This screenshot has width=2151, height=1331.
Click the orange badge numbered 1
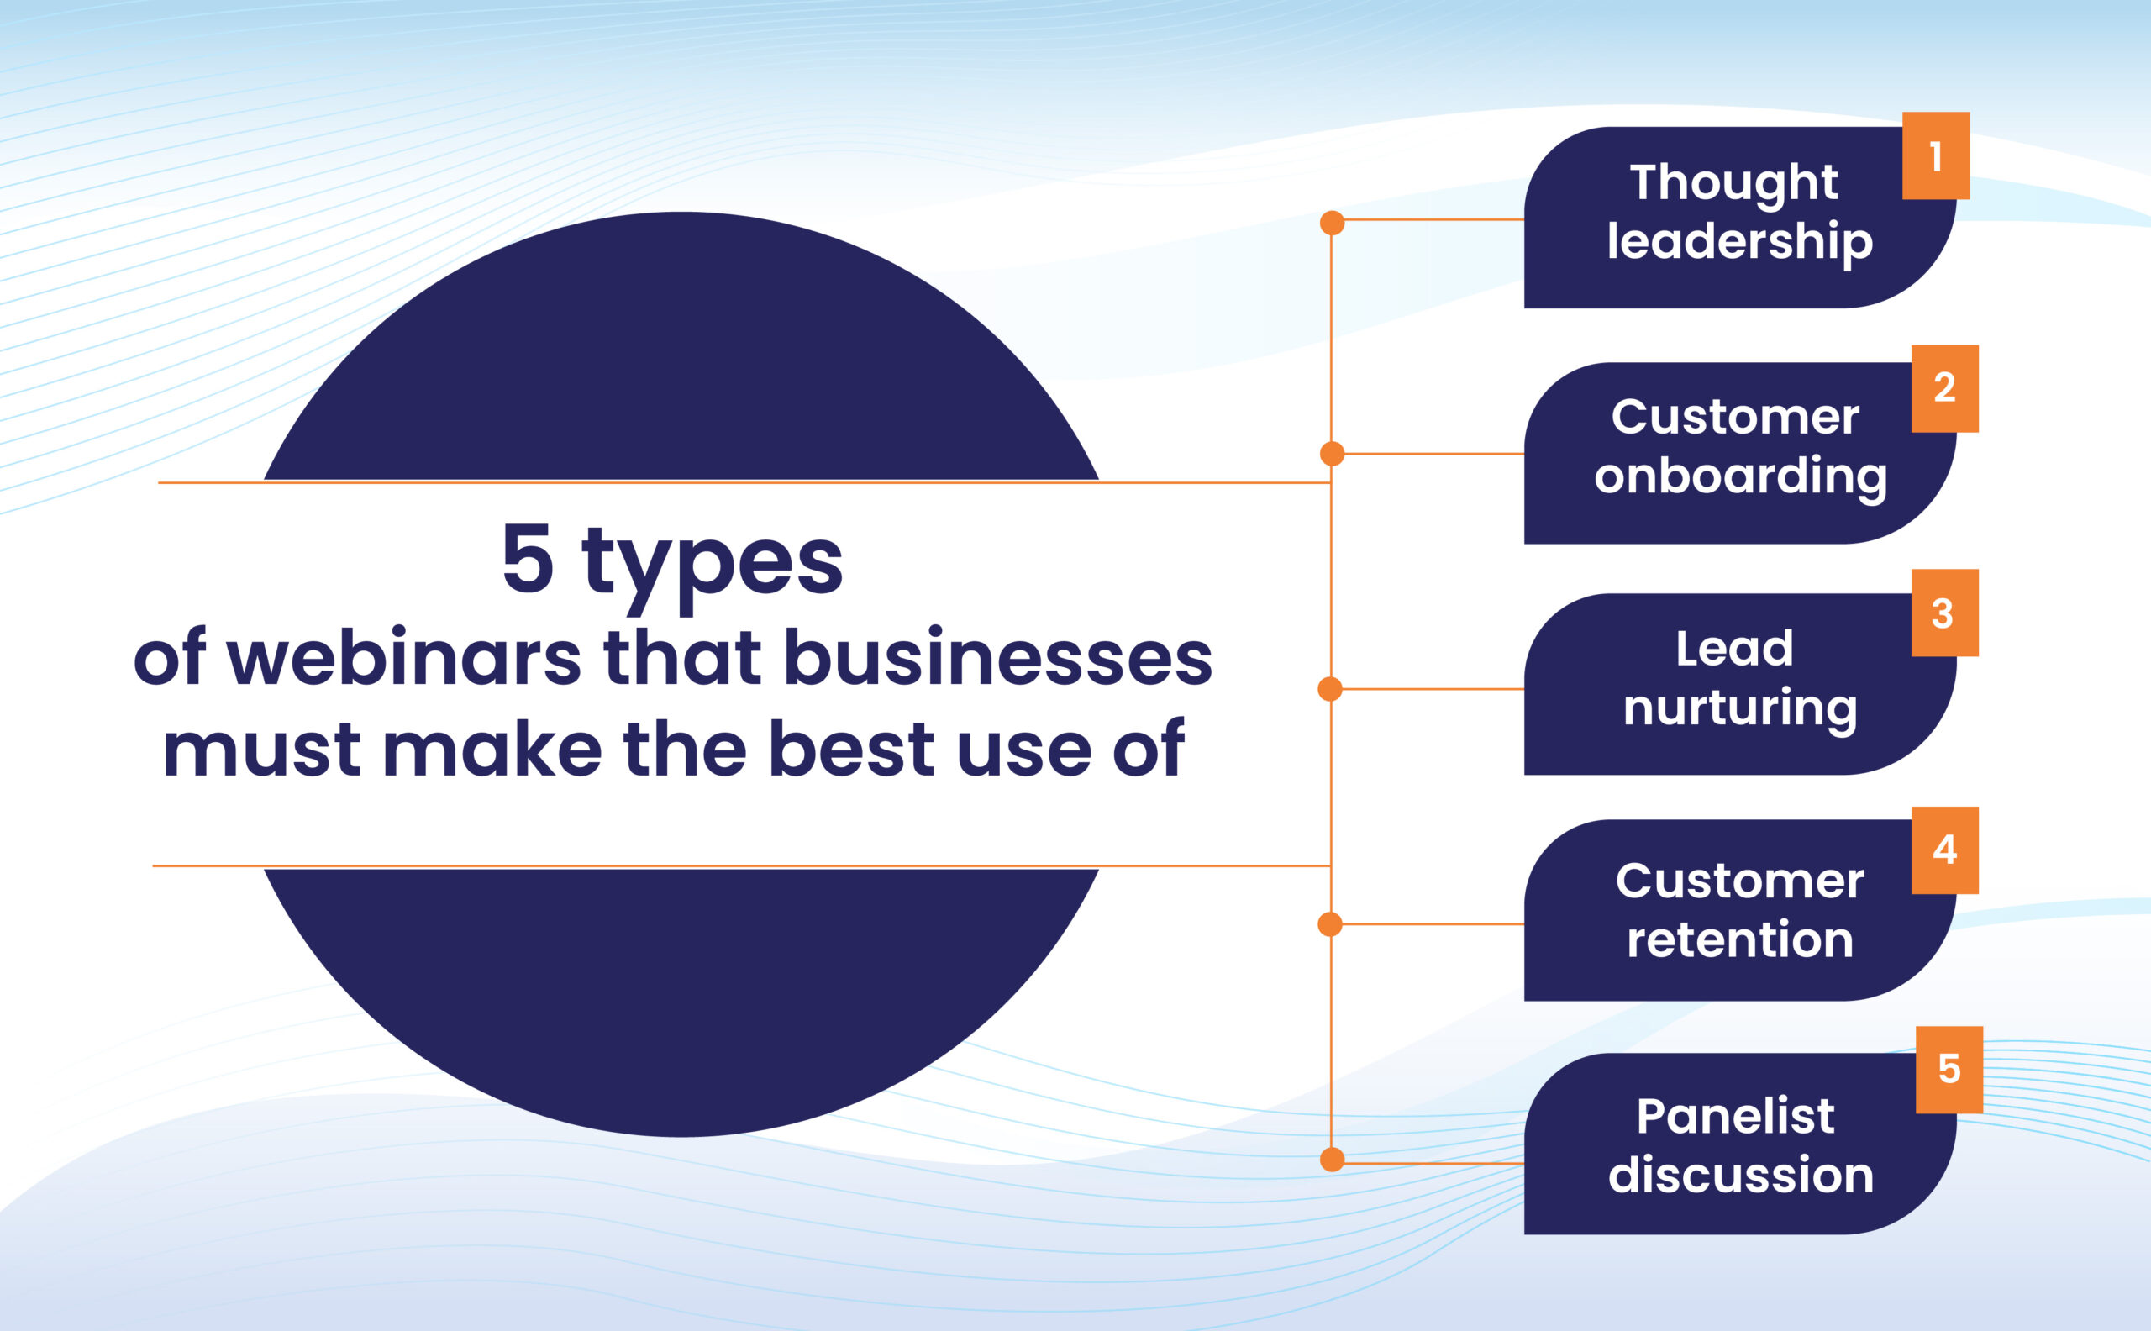[x=1935, y=155]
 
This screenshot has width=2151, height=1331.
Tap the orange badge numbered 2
[x=1945, y=388]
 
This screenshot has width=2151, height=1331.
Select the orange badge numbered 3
[x=1945, y=613]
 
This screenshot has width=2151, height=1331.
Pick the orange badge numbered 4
[x=1945, y=850]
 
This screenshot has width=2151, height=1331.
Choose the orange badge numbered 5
[x=1949, y=1070]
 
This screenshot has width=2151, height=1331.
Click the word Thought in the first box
[x=1734, y=184]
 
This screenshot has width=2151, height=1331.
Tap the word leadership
[x=1740, y=242]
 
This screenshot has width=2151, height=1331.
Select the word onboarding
[x=1740, y=476]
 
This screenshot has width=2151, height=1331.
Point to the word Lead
[x=1734, y=649]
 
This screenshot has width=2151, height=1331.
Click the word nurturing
[x=1740, y=708]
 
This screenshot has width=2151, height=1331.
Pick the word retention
[x=1740, y=939]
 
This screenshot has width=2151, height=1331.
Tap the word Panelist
[x=1736, y=1116]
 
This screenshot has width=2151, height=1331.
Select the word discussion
[x=1741, y=1175]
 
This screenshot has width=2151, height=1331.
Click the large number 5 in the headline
[x=527, y=558]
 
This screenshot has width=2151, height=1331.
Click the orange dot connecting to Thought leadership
[x=1333, y=223]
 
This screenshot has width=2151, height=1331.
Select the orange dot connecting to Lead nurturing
[x=1330, y=689]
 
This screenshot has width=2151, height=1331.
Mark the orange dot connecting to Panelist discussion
[x=1333, y=1160]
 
